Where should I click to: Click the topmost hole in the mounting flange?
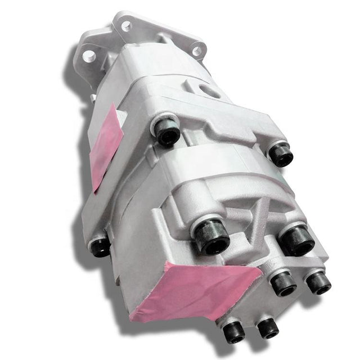[126, 25]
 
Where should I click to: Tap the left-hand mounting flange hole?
[89, 56]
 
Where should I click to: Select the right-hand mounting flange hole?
[196, 51]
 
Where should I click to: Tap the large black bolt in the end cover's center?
[212, 236]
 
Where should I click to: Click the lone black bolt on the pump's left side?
[100, 246]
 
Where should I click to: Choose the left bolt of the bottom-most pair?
[234, 332]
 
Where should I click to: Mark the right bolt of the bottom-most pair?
[267, 327]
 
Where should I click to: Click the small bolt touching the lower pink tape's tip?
[282, 283]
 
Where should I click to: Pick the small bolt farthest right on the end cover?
[318, 282]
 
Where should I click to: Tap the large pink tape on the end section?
[191, 290]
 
